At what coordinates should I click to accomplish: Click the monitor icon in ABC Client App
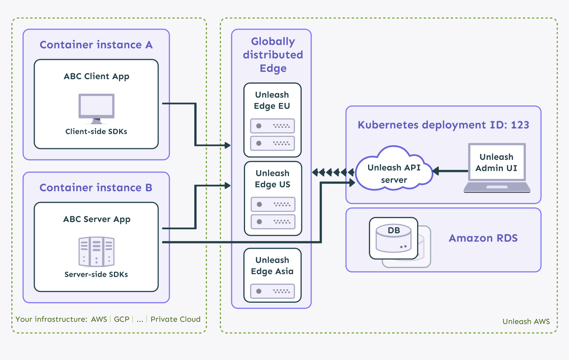pos(96,108)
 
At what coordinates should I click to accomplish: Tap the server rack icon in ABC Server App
pos(96,252)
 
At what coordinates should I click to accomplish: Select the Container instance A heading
pos(96,45)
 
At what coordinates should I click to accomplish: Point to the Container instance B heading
pos(96,187)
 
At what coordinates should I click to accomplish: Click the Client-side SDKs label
pos(96,131)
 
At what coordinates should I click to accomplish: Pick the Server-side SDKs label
pos(96,274)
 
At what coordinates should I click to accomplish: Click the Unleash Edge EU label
pos(272,100)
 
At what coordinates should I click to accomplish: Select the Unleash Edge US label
pos(272,179)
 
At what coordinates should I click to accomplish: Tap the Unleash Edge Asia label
pos(272,265)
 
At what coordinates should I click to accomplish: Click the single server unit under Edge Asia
pos(272,291)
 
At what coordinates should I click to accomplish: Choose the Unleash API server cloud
pos(394,170)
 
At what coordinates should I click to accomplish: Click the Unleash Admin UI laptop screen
pos(497,162)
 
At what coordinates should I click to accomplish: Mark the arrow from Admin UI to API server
pos(450,171)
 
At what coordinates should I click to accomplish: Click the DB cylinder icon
pos(393,238)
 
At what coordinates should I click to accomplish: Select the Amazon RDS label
pos(483,238)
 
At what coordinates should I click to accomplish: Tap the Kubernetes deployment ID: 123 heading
pos(443,125)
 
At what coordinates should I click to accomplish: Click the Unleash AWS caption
pos(526,321)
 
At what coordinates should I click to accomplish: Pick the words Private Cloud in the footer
pos(175,319)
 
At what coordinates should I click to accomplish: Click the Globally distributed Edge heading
pos(273,55)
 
